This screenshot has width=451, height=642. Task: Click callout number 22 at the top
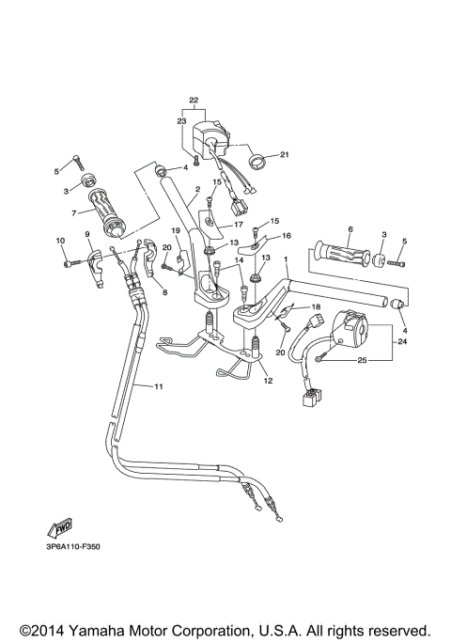pos(194,101)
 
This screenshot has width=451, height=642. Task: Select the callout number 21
pos(285,155)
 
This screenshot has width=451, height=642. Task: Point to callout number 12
pos(268,382)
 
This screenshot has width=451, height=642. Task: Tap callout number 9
pos(87,234)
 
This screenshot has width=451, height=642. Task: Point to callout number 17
pos(239,226)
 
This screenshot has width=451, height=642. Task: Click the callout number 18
pos(316,306)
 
